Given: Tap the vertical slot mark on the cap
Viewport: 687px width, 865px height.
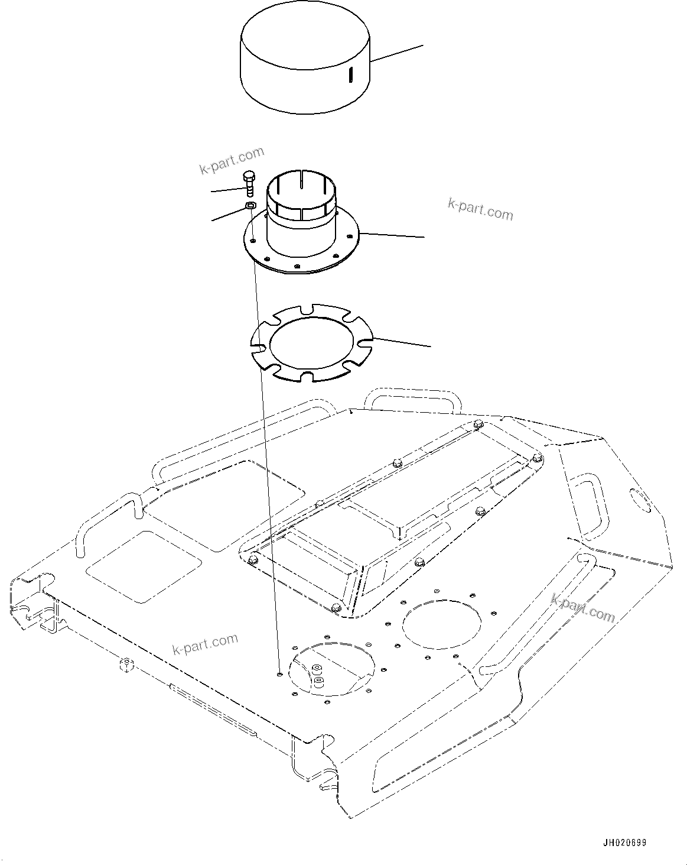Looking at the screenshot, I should pos(350,74).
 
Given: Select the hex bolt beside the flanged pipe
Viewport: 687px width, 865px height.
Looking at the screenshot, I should pos(249,183).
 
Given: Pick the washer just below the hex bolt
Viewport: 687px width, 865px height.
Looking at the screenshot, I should pos(250,205).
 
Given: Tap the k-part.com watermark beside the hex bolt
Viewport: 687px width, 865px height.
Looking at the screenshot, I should pos(232,161).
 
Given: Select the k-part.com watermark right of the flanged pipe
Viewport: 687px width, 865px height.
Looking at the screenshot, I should pos(480,209).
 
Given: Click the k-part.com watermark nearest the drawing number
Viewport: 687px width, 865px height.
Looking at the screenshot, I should pos(583,607).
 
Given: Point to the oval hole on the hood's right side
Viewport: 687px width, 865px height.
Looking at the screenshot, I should pos(640,500).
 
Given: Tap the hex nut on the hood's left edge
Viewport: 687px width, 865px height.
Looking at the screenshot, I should pos(126,664).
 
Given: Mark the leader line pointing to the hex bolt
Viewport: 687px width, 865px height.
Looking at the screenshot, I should pos(228,190).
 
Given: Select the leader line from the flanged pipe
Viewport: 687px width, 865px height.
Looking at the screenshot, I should pos(392,235).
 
